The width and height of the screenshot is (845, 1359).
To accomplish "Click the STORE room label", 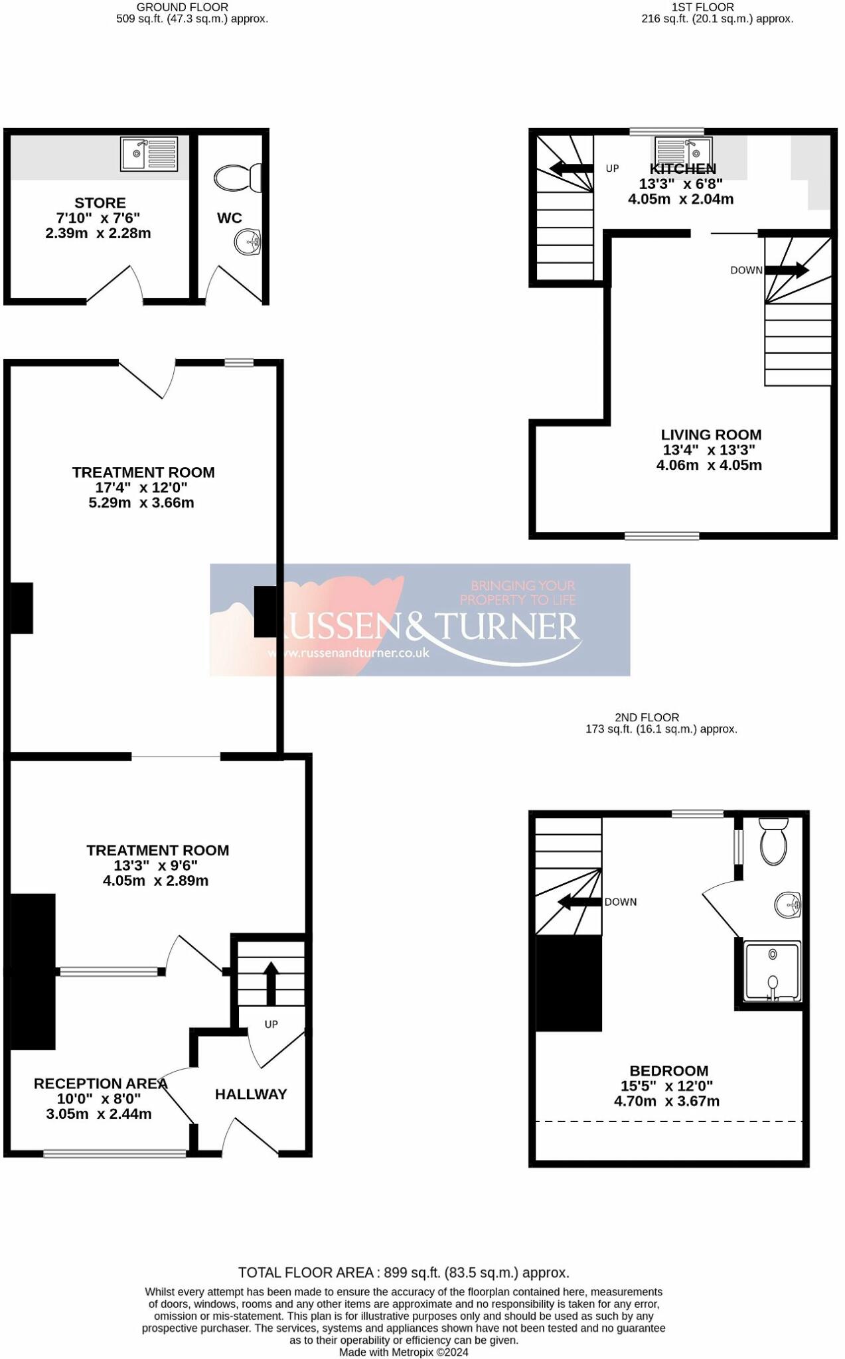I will [x=100, y=203].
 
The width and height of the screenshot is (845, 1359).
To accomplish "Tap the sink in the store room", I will [x=149, y=154].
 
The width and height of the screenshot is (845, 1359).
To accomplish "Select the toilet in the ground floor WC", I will [x=237, y=178].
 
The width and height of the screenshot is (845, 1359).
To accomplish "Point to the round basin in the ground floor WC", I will [x=248, y=242].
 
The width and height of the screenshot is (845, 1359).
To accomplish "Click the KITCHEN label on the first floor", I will [x=682, y=169].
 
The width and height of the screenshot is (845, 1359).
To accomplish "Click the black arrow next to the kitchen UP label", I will [x=571, y=169].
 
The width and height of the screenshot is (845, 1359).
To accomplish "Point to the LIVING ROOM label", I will [x=711, y=435].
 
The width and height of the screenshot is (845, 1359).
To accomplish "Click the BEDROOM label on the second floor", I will [x=668, y=1070].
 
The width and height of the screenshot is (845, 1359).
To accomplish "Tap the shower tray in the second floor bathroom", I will [x=773, y=970].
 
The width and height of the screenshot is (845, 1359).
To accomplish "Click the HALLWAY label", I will [x=251, y=1094].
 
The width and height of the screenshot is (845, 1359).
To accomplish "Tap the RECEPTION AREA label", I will [x=100, y=1084].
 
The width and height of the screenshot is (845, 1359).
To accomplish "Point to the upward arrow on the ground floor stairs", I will [x=271, y=983].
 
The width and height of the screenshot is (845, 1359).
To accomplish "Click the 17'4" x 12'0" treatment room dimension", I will [x=141, y=488].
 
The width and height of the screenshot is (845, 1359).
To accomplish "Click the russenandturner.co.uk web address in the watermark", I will [x=349, y=653].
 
